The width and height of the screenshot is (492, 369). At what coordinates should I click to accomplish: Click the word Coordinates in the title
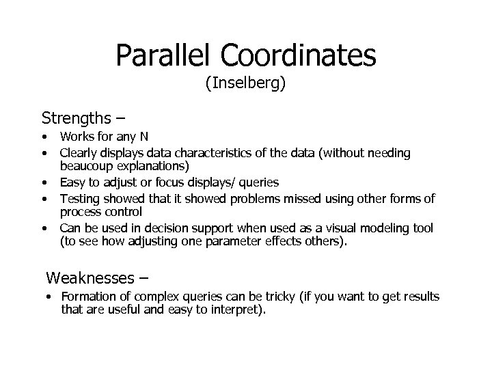[300, 55]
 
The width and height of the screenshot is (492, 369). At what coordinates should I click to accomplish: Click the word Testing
[79, 198]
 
